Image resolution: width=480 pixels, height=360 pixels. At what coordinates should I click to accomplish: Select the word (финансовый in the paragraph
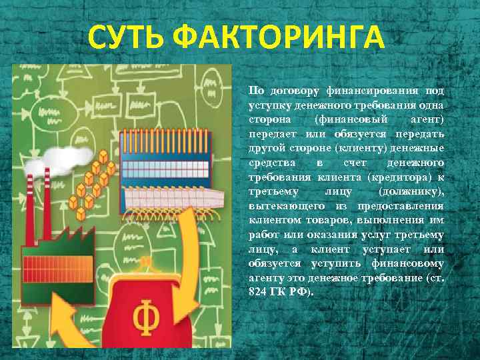[344, 119]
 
